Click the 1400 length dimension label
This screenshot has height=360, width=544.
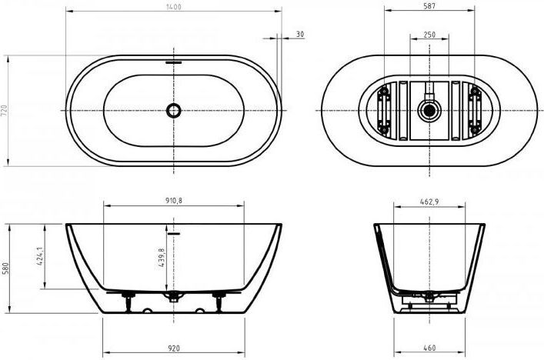click(173, 7)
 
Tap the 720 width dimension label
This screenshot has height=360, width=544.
click(4, 110)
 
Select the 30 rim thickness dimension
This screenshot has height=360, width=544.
click(300, 34)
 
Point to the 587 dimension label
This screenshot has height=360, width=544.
click(429, 6)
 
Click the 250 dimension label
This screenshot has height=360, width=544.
click(429, 35)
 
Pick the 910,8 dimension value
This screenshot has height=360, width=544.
click(174, 201)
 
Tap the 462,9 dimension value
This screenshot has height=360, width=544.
click(429, 202)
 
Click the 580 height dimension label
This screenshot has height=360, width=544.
click(5, 268)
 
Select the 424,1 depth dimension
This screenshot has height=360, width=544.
click(39, 256)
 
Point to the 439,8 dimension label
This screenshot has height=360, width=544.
click(162, 257)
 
